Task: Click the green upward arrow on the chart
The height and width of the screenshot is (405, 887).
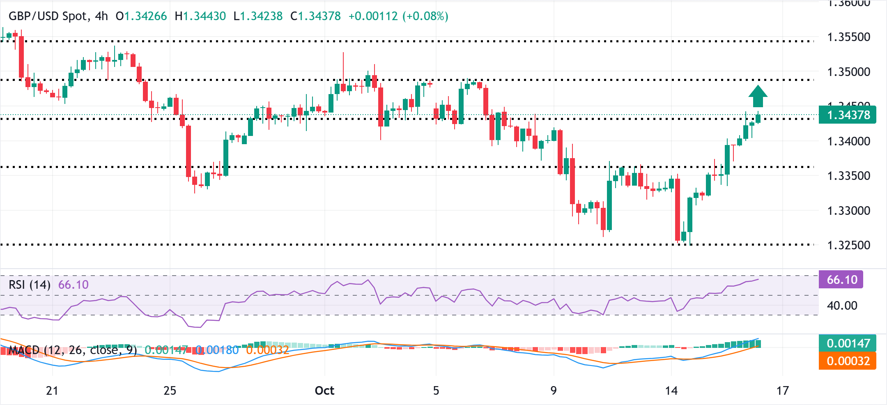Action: [x=758, y=97]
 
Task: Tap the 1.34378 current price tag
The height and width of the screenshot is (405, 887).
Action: [x=848, y=115]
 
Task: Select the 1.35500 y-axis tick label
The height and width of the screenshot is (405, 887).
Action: [x=848, y=37]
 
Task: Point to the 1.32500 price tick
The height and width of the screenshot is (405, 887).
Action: [x=848, y=245]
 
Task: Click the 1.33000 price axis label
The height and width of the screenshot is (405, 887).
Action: [x=848, y=211]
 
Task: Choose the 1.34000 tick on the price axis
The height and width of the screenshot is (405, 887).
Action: [x=848, y=141]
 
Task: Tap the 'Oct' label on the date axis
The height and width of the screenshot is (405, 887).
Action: [x=324, y=390]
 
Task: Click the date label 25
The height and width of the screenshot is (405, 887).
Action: [x=170, y=390]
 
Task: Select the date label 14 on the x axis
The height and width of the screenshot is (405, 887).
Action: [x=671, y=390]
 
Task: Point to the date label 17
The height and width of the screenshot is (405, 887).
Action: [x=783, y=390]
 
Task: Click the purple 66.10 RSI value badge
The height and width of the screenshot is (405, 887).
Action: [x=842, y=280]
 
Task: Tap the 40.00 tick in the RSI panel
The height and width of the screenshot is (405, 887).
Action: [x=842, y=306]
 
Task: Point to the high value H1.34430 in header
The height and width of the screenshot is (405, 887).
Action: [x=200, y=16]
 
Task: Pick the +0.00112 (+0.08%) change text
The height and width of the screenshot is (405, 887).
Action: [x=398, y=16]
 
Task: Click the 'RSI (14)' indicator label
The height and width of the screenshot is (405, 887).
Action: [x=30, y=285]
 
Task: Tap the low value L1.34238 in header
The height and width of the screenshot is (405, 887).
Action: [x=258, y=16]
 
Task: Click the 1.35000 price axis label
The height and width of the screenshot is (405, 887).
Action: [x=848, y=72]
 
